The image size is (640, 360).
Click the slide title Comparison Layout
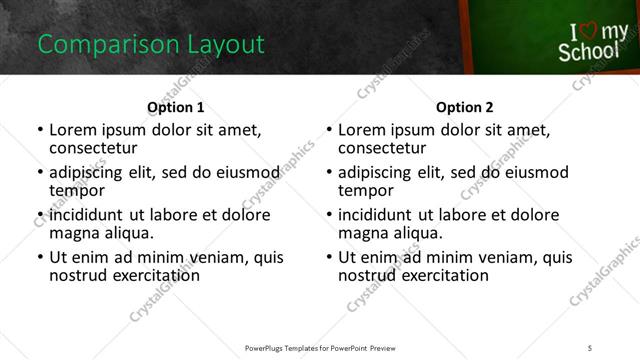click(150, 45)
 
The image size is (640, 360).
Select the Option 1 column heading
click(176, 107)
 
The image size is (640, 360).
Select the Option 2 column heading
click(465, 107)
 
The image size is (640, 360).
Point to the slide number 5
click(591, 347)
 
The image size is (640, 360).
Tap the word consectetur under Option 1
click(92, 147)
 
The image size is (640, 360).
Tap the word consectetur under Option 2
click(381, 147)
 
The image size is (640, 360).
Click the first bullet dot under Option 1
click(40, 130)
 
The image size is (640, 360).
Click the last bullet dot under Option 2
click(329, 257)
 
